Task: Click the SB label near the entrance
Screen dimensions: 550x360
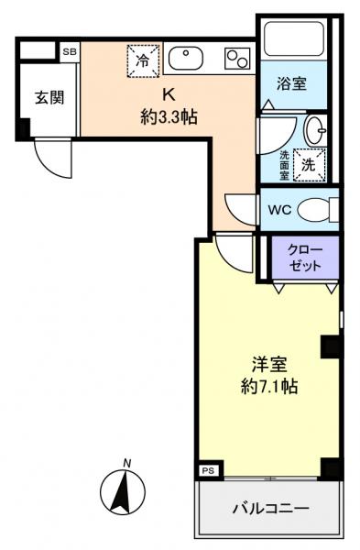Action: click(70, 52)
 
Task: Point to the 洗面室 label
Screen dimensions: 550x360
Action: click(283, 163)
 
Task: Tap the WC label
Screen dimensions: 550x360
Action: click(279, 209)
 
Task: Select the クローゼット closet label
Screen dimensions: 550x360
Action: click(304, 257)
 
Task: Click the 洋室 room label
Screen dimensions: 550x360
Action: click(267, 363)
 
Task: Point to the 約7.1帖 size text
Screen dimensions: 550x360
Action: click(267, 386)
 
